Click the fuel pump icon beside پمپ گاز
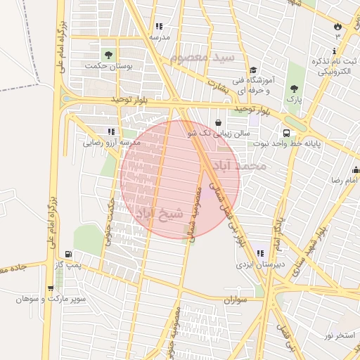[67, 255]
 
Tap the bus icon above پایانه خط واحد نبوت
[287, 132]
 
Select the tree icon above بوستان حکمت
[108, 55]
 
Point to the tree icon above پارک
[295, 89]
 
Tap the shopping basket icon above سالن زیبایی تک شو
[218, 122]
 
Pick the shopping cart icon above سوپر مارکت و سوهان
[50, 288]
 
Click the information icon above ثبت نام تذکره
[334, 51]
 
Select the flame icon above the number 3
[337, 27]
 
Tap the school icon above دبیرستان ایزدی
[260, 253]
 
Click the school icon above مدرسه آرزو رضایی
[111, 131]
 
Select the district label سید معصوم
[205, 56]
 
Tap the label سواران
[238, 300]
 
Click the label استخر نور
[340, 335]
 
